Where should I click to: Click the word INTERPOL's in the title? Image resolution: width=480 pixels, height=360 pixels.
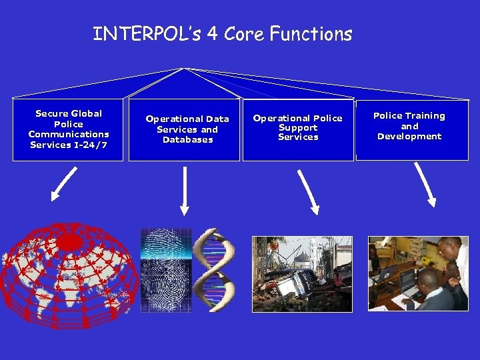[x=146, y=34]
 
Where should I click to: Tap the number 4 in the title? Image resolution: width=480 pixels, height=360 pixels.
[x=213, y=34]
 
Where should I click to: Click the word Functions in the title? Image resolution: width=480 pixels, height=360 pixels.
[x=311, y=34]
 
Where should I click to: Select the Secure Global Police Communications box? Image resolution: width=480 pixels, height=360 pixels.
[x=69, y=130]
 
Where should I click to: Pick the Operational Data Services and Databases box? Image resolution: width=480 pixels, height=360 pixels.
[x=184, y=130]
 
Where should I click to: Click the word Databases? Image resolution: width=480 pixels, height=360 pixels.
[x=188, y=140]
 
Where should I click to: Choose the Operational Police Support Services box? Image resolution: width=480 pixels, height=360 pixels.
[x=298, y=130]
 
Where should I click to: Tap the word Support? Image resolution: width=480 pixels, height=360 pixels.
[x=298, y=127]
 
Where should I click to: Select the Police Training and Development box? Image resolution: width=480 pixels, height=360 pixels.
[x=412, y=130]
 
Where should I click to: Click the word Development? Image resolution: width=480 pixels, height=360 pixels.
[x=409, y=137]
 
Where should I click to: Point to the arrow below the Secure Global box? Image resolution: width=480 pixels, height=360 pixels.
[x=64, y=184]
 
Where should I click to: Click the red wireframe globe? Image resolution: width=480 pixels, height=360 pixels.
[x=69, y=273]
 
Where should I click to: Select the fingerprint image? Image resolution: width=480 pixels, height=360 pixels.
[x=166, y=270]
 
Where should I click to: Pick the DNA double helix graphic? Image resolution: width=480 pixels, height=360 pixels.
[x=215, y=270]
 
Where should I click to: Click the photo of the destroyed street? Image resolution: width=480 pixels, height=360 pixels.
[x=301, y=273]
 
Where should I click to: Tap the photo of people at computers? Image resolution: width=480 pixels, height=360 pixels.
[x=418, y=273]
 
